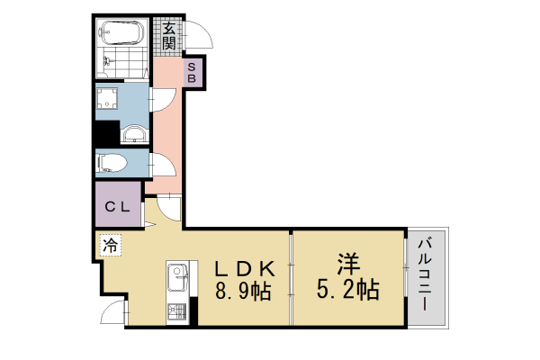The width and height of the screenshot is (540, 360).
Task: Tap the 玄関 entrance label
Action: [169, 36]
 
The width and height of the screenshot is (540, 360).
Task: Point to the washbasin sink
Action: [133, 135]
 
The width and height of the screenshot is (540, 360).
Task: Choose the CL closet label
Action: [118, 207]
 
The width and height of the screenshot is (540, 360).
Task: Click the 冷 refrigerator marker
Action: [110, 244]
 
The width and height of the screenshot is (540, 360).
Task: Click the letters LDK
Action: [243, 267]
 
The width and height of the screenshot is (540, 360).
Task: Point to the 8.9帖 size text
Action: [243, 291]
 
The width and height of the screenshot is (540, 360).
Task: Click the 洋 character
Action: [347, 265]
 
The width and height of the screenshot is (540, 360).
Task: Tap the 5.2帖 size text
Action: [347, 290]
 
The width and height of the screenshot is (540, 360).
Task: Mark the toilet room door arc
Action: [163, 166]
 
